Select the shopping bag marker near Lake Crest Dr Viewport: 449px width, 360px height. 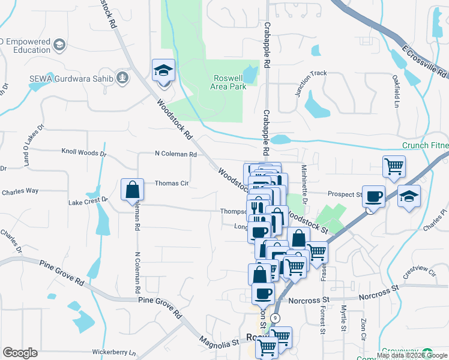(x=132, y=191)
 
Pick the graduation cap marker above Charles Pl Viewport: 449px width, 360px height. (x=409, y=197)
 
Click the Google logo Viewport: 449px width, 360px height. (x=20, y=353)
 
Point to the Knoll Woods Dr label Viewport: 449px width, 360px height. (x=84, y=153)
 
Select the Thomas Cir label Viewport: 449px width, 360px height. (x=172, y=184)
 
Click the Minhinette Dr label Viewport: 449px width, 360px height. (x=304, y=184)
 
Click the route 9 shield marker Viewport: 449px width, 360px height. (x=274, y=317)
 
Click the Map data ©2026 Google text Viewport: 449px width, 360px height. (x=412, y=355)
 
